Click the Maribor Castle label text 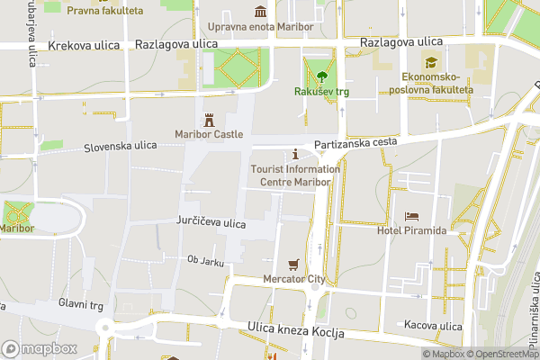(210, 135)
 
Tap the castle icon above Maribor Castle (210, 120)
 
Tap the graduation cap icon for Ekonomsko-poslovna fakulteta (432, 63)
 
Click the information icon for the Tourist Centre (295, 155)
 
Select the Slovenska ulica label (121, 146)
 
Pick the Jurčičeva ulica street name (211, 223)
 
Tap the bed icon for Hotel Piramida (411, 216)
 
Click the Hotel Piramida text (411, 231)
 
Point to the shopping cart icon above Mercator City (293, 265)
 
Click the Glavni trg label (81, 304)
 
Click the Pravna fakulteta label (105, 11)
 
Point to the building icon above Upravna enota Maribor (261, 12)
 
